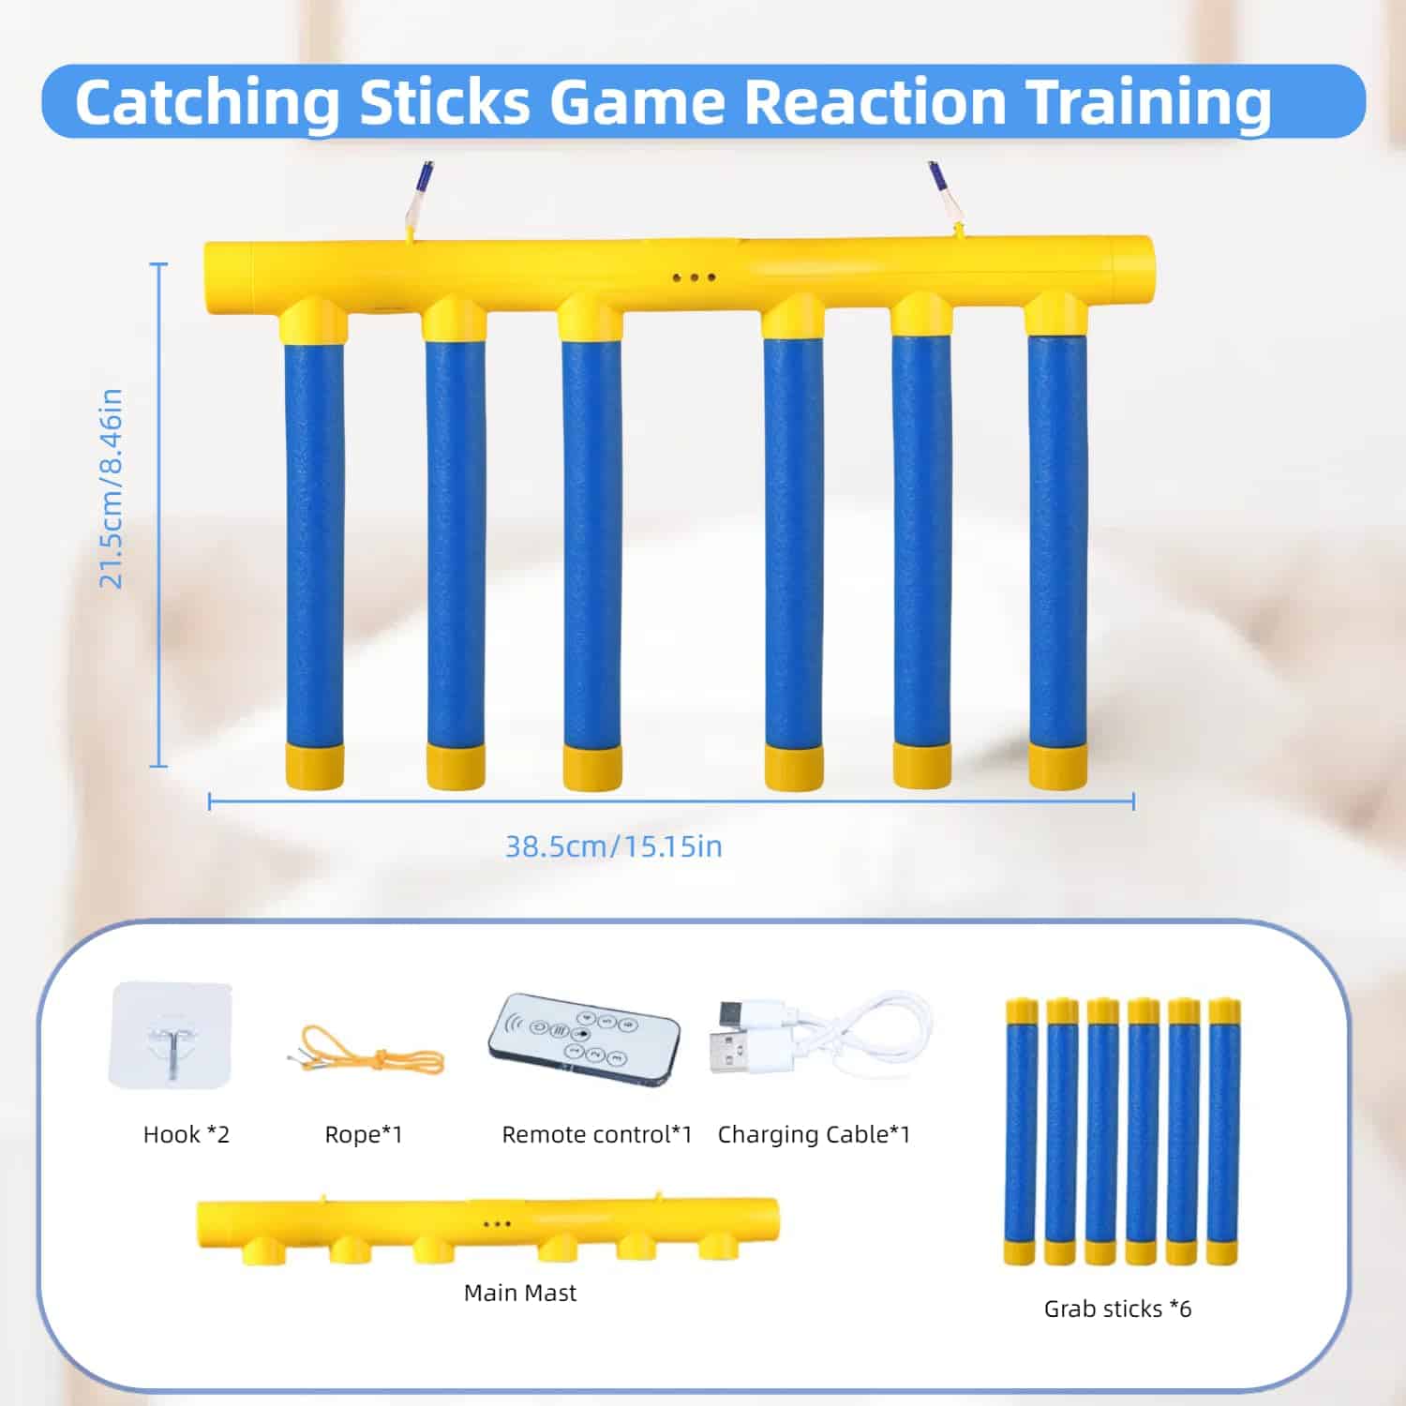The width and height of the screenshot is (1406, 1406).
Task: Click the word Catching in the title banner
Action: [207, 102]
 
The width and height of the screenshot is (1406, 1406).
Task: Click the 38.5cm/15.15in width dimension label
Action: [614, 846]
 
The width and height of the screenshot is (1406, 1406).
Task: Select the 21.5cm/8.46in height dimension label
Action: [112, 488]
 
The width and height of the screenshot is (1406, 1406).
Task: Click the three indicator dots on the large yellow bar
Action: [695, 277]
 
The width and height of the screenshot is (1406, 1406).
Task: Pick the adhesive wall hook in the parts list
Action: [171, 1035]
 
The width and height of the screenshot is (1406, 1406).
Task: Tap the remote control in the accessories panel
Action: [583, 1040]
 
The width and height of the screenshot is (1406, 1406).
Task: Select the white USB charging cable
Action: [821, 1039]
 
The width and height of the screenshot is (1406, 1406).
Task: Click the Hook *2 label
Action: [187, 1134]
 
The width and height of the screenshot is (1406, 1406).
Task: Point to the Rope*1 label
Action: [364, 1134]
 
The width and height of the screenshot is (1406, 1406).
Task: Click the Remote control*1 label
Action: [597, 1134]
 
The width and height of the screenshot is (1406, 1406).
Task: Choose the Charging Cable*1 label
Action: [814, 1134]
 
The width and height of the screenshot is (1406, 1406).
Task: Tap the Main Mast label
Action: [520, 1293]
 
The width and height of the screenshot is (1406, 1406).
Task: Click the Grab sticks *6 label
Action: [1117, 1309]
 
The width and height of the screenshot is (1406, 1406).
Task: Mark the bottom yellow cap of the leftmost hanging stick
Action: [314, 766]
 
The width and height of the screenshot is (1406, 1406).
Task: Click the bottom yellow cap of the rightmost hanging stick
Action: [1057, 766]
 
